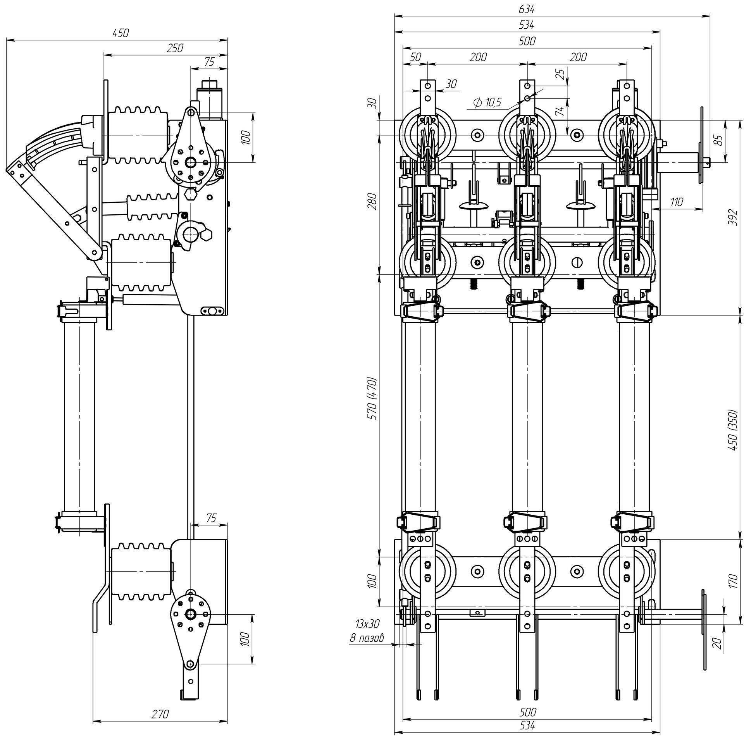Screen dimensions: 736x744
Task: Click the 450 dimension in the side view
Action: click(x=120, y=33)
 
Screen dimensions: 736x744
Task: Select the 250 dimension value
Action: click(x=175, y=48)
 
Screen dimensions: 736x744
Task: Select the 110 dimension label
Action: click(x=676, y=202)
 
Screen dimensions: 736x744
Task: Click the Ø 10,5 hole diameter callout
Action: click(x=487, y=103)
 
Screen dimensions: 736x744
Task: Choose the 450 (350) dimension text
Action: click(x=732, y=429)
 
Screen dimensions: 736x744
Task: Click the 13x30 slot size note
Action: click(x=367, y=624)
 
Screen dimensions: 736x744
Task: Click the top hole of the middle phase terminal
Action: click(x=527, y=85)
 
